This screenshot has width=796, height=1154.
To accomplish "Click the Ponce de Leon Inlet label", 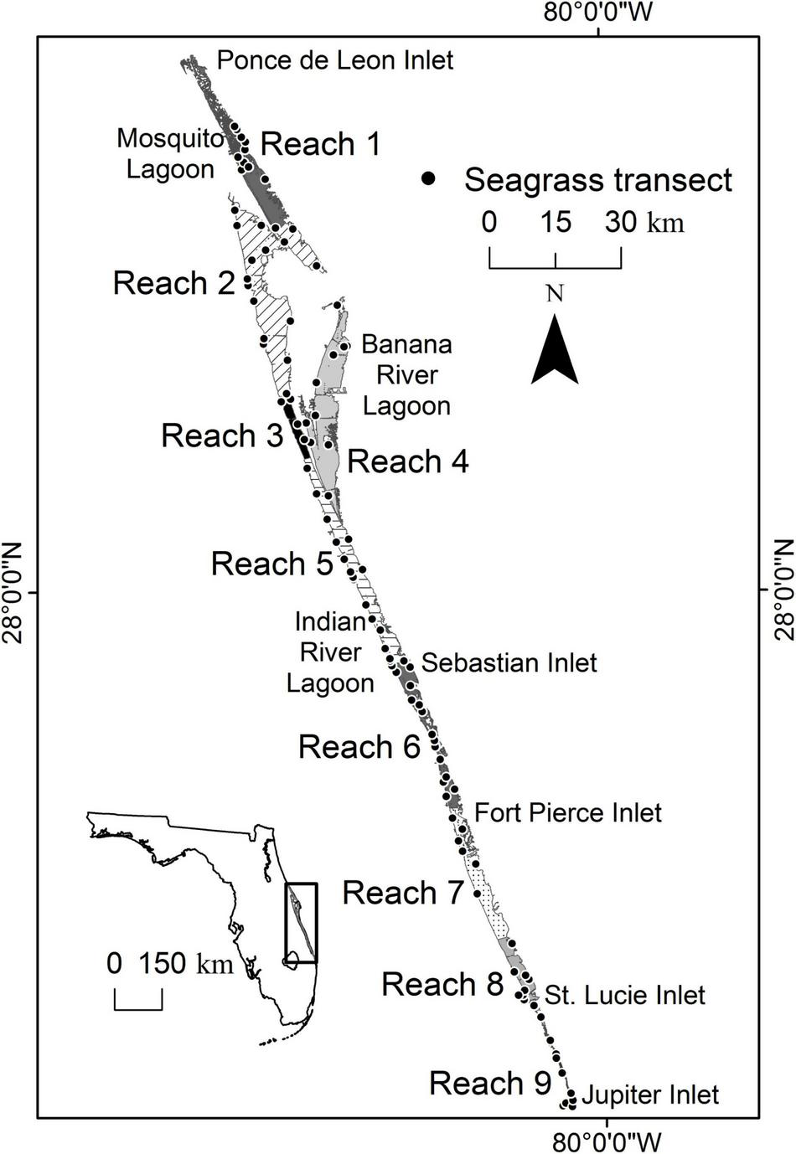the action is coord(335,60).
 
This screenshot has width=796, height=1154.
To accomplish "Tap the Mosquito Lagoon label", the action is coord(171,153).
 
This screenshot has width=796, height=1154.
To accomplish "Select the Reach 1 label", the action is coord(321,144).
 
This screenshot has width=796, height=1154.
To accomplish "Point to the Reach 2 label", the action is coord(173,283).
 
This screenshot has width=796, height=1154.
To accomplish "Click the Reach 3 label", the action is coord(221,435).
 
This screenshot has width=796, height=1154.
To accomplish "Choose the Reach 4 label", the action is coord(408,461).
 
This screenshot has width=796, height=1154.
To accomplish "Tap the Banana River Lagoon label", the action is coord(406,375).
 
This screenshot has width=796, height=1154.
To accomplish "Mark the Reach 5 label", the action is coord(271,564).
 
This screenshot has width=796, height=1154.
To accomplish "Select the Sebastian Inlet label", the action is coord(509,662).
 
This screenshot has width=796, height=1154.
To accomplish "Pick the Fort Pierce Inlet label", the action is coord(567,812).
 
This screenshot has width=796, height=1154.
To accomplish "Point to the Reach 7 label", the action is coord(403,893).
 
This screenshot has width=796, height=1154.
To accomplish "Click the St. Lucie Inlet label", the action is coord(624,995).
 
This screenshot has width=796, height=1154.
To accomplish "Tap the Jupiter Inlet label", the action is coord(649,1095).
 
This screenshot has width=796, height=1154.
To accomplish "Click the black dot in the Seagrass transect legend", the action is coord(430,178).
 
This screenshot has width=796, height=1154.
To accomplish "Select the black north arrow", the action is coord(555,350).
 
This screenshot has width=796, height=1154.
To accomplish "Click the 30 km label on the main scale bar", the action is coord(644,223).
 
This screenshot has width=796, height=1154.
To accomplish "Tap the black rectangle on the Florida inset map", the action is coord(301,923).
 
